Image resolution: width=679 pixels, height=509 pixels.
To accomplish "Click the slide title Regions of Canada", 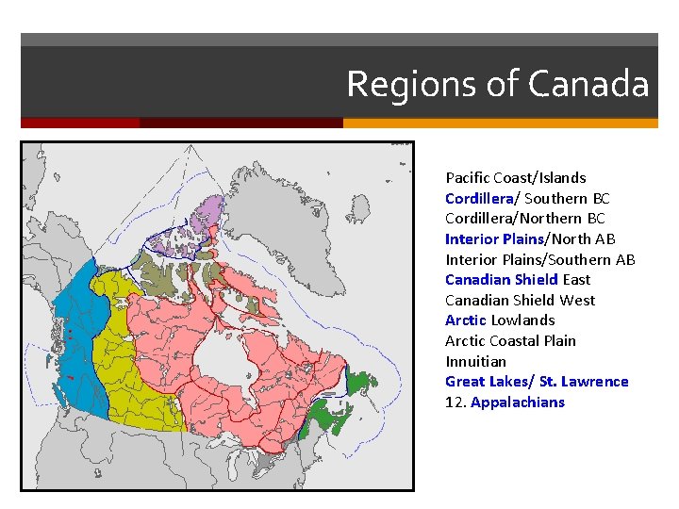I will pyautogui.click(x=497, y=84).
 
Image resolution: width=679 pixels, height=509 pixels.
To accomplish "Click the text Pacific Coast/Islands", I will pyautogui.click(x=515, y=177).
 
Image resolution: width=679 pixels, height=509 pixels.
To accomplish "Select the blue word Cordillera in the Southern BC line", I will pyautogui.click(x=479, y=198).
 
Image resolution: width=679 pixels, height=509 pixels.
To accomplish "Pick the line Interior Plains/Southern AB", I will pyautogui.click(x=539, y=259).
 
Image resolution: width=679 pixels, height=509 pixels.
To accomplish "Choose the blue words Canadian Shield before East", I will pyautogui.click(x=502, y=279).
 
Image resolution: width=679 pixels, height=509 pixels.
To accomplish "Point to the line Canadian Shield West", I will pyautogui.click(x=520, y=300).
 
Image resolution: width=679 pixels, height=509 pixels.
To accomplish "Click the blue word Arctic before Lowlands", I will pyautogui.click(x=466, y=320).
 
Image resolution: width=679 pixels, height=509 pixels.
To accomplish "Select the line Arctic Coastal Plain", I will pyautogui.click(x=510, y=340).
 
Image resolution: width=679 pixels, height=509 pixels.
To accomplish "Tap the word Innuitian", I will pyautogui.click(x=475, y=361).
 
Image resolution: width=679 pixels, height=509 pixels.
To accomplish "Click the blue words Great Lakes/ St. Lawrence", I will pyautogui.click(x=537, y=381).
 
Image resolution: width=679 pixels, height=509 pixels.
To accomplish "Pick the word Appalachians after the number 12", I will pyautogui.click(x=517, y=402).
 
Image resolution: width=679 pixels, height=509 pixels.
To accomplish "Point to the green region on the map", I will pyautogui.click(x=330, y=415).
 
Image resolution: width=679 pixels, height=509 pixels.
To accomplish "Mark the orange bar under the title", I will pyautogui.click(x=500, y=123).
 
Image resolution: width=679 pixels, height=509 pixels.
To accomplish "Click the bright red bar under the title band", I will pyautogui.click(x=80, y=123).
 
